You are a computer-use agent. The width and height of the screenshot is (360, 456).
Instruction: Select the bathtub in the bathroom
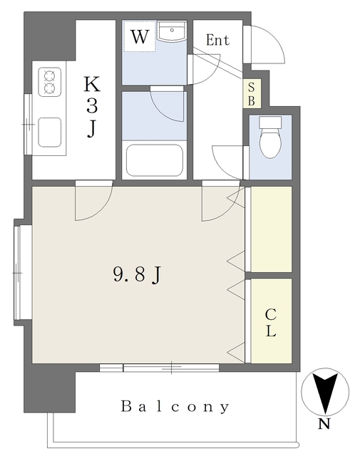pos(155,160)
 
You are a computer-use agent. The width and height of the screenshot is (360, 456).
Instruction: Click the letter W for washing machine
pos(140,37)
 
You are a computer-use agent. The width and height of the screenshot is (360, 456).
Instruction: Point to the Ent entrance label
pos(217,41)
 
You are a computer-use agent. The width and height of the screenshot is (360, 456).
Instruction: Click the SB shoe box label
pos(251,93)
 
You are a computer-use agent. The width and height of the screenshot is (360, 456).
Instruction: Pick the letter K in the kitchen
pos(92,84)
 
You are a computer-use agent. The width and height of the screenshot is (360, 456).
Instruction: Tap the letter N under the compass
pos(324,426)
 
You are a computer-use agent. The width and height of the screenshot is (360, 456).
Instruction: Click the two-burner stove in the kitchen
pos(50,81)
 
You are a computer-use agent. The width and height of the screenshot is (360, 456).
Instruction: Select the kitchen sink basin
pos(49,132)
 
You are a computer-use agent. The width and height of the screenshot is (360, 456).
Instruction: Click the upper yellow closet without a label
pos(270,228)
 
